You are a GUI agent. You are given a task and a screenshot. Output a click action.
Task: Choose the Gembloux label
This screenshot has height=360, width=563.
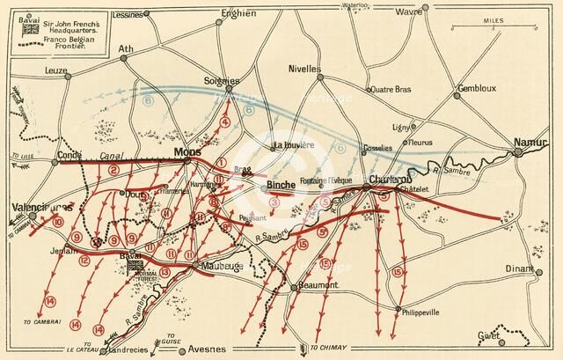pyautogui.click(x=478, y=89)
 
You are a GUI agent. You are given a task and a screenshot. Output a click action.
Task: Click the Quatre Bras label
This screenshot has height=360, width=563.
pyautogui.click(x=392, y=88)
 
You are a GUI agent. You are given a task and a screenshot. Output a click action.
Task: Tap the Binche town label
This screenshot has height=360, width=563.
pyautogui.click(x=281, y=187)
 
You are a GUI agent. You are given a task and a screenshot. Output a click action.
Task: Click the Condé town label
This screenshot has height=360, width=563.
pyautogui.click(x=70, y=156)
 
